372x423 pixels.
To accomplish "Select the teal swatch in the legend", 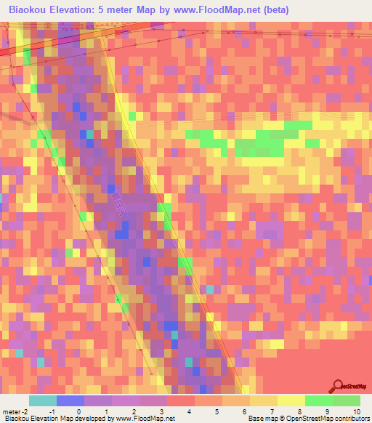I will click(x=42, y=400).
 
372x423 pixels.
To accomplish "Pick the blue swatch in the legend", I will click(x=70, y=400).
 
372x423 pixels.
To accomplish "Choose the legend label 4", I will click(x=189, y=411).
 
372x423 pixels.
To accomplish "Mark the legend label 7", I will click(x=272, y=411).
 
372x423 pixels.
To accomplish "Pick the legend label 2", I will click(x=134, y=411).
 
